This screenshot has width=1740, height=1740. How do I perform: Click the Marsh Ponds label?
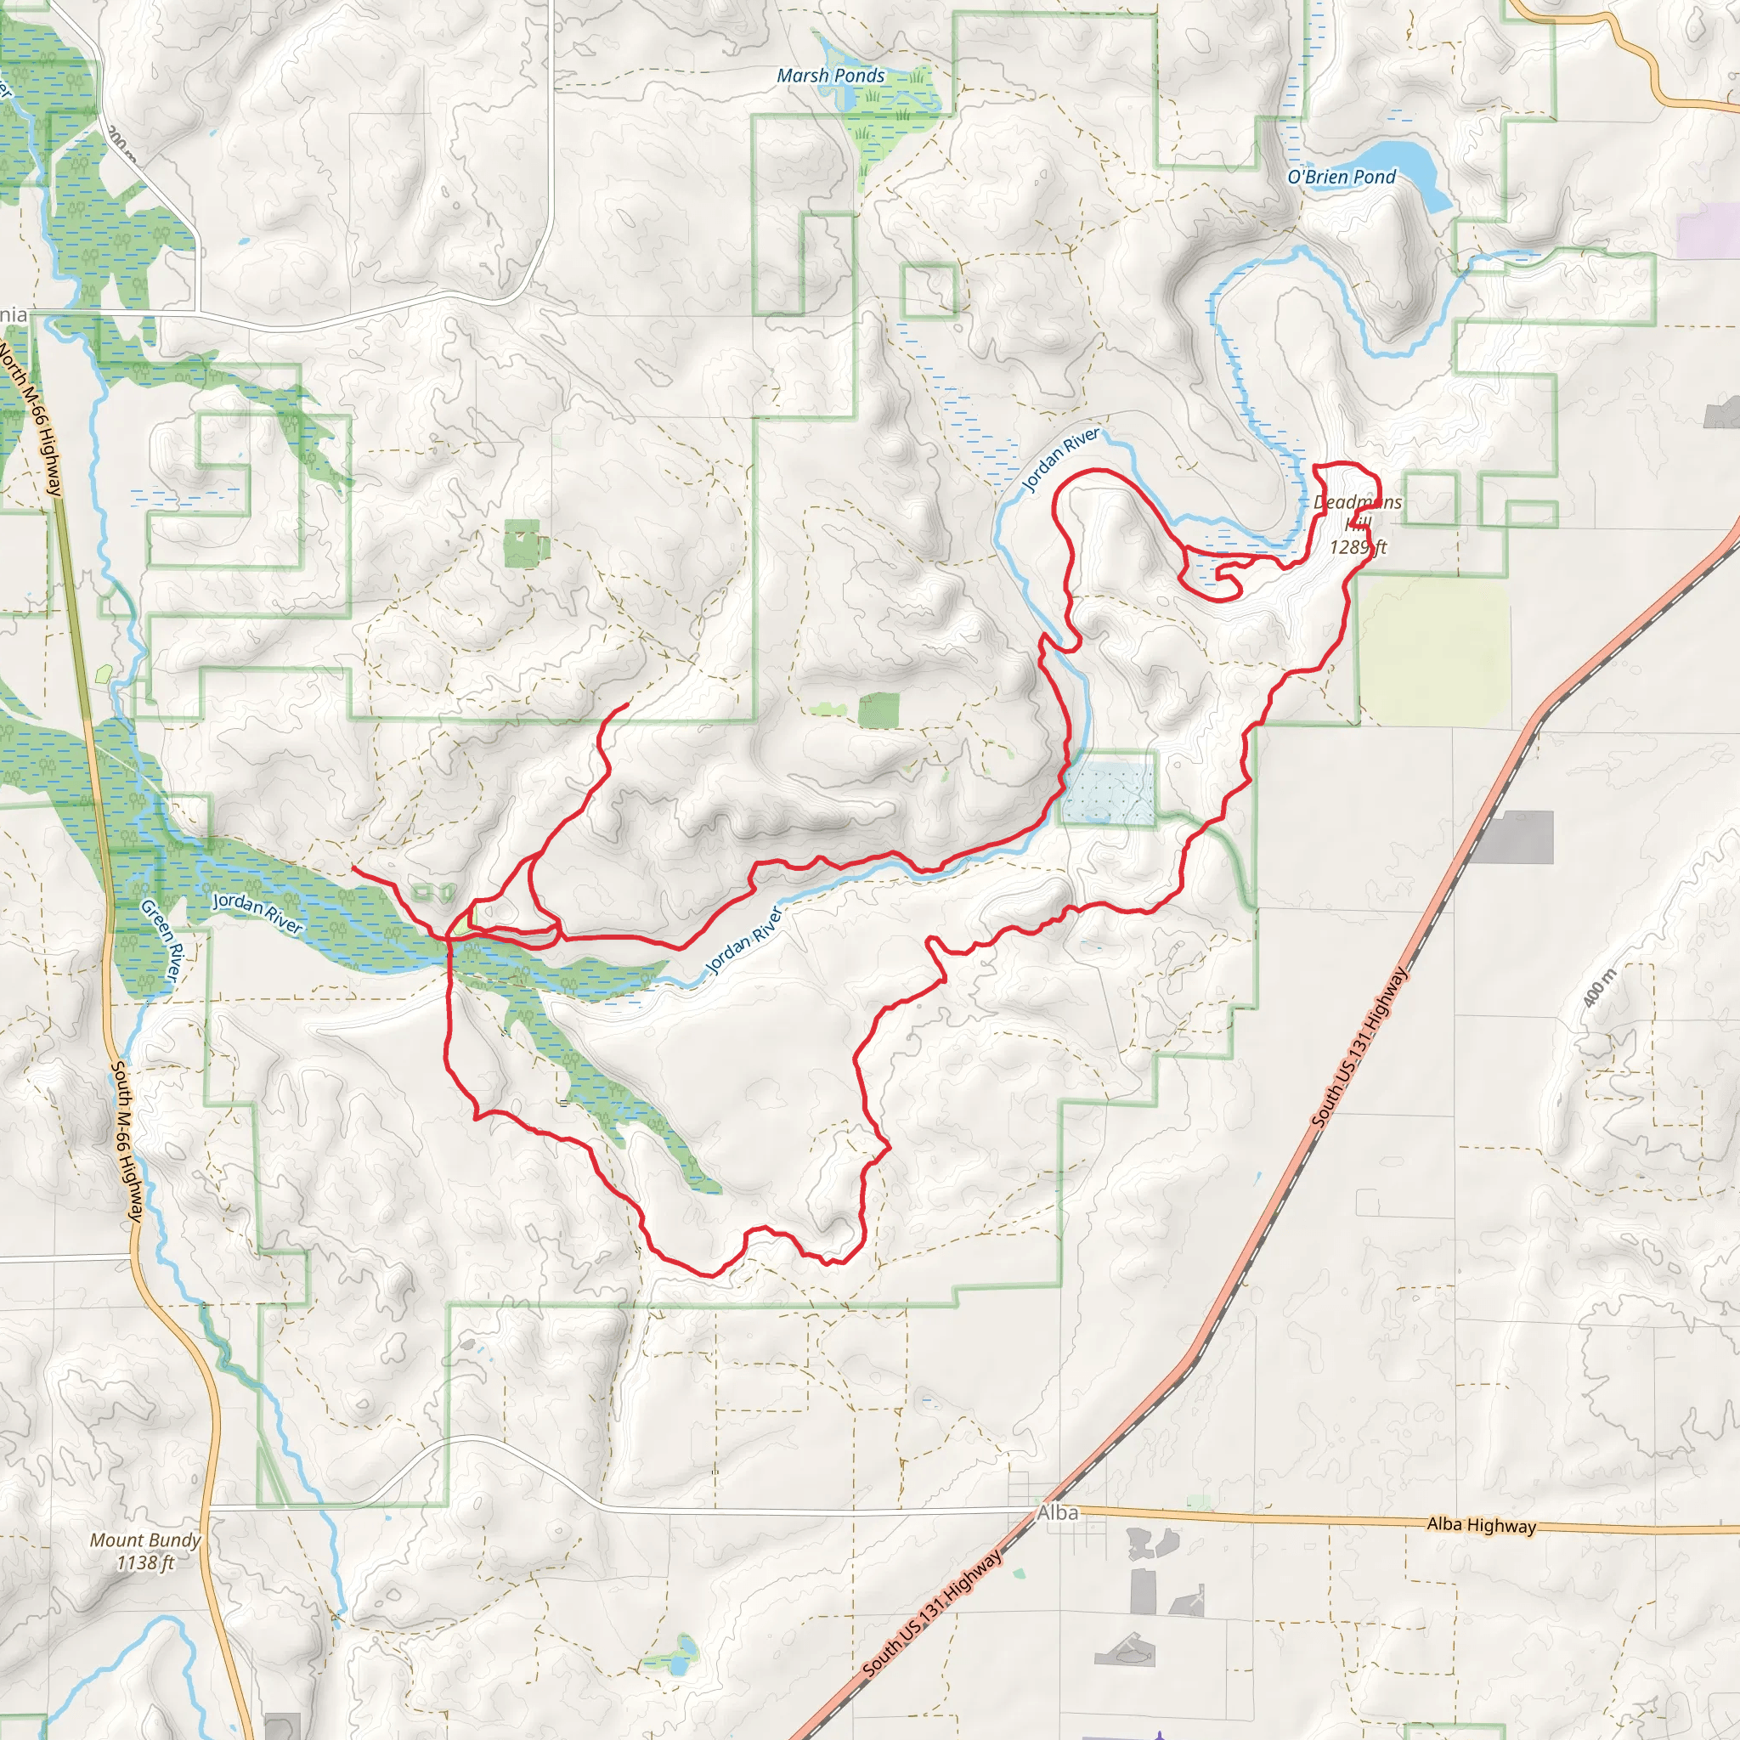(x=830, y=76)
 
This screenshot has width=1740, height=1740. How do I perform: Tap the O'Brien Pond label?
(x=1341, y=177)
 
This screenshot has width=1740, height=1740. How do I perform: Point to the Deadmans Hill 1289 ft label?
(x=1357, y=524)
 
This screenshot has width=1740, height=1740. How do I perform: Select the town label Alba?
(x=1057, y=1512)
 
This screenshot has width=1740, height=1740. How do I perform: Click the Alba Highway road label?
(x=1481, y=1525)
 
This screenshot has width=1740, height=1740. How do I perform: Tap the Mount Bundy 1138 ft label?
(x=145, y=1551)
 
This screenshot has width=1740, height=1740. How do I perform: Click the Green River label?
(x=162, y=941)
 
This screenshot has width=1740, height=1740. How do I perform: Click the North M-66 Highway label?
(x=31, y=418)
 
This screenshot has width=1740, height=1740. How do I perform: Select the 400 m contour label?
(x=1600, y=988)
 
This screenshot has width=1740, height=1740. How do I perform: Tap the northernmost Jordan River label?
(x=1060, y=460)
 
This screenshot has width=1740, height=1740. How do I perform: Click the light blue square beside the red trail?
(x=1108, y=793)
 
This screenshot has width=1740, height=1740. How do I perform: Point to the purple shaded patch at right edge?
(x=1708, y=229)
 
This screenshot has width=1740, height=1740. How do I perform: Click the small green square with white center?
(x=522, y=543)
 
